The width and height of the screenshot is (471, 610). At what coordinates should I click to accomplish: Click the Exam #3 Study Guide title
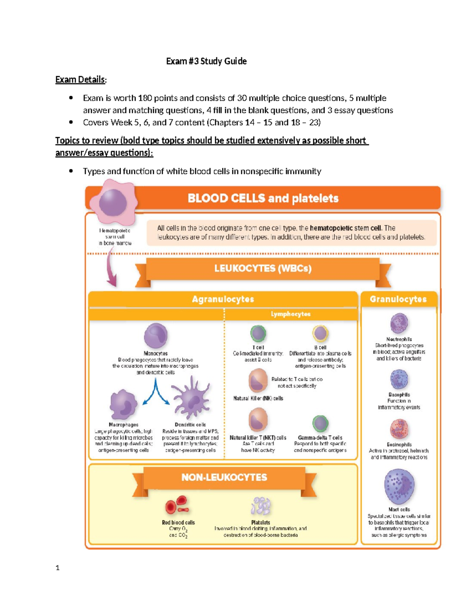tap(206, 61)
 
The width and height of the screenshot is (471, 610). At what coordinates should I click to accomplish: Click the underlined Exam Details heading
tap(80, 80)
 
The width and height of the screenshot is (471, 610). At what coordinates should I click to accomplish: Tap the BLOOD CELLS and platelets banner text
tap(263, 198)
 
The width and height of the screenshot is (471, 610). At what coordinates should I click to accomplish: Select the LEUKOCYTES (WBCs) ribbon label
tap(263, 269)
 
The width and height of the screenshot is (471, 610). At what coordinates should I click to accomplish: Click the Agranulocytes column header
tap(223, 299)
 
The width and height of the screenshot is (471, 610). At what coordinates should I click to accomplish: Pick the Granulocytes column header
tap(398, 299)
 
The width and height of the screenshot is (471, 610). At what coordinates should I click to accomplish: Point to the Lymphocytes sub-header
tap(290, 314)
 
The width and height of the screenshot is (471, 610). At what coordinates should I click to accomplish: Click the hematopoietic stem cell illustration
tap(113, 202)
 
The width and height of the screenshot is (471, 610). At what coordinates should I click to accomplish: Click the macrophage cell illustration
tap(123, 405)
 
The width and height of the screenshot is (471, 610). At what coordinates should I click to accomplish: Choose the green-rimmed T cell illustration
tap(258, 334)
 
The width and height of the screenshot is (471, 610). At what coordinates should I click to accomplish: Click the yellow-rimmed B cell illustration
tap(320, 333)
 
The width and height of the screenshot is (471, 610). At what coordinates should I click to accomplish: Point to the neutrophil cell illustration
tap(399, 323)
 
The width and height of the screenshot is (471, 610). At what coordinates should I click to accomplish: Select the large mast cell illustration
tap(399, 486)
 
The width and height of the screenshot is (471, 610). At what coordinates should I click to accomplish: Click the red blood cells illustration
tap(177, 506)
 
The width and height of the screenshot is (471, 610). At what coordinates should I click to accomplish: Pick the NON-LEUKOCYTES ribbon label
tap(224, 478)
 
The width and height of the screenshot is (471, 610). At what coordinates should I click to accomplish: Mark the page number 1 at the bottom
tap(58, 568)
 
